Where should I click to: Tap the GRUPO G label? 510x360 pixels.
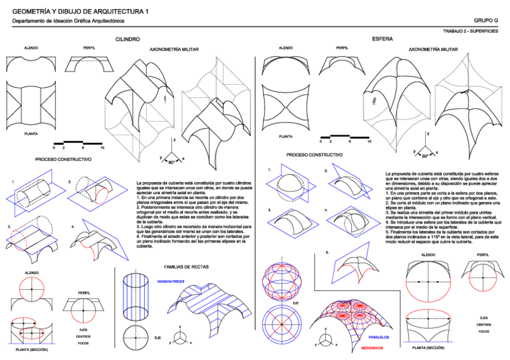coord(486,20)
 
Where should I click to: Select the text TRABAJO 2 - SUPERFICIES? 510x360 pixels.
coord(470,31)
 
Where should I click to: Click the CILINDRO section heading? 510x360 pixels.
coord(127,39)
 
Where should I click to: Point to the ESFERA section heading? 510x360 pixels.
coord(382,39)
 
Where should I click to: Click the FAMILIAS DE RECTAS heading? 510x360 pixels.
coord(186,266)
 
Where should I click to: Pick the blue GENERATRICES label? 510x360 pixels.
coord(171,281)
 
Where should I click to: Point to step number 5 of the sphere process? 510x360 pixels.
coord(327,252)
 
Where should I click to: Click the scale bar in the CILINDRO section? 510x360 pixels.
coord(78,143)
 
